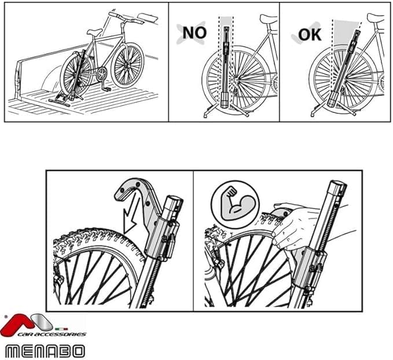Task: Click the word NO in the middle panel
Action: click(x=194, y=32)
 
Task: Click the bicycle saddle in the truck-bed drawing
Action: click(x=94, y=32)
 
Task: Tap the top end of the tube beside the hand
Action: click(x=337, y=188)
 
